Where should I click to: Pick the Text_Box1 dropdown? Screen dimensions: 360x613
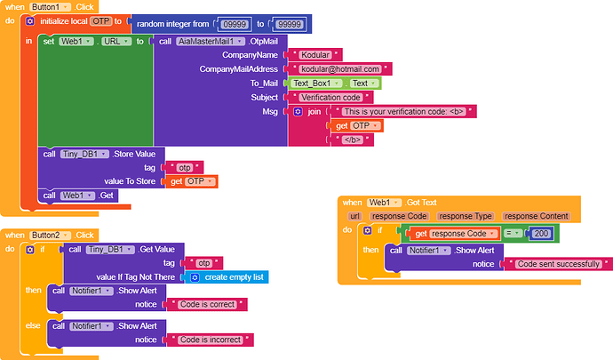tap(312, 83)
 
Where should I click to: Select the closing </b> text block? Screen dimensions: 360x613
tap(351, 140)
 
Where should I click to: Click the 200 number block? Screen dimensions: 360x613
tap(540, 234)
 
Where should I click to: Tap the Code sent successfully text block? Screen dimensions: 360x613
tap(557, 264)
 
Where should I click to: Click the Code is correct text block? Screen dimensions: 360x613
tap(211, 304)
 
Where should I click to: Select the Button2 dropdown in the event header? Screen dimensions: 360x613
tap(50, 235)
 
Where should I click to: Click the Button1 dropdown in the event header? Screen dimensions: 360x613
tap(50, 6)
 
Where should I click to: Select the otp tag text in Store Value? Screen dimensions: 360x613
tap(185, 167)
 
